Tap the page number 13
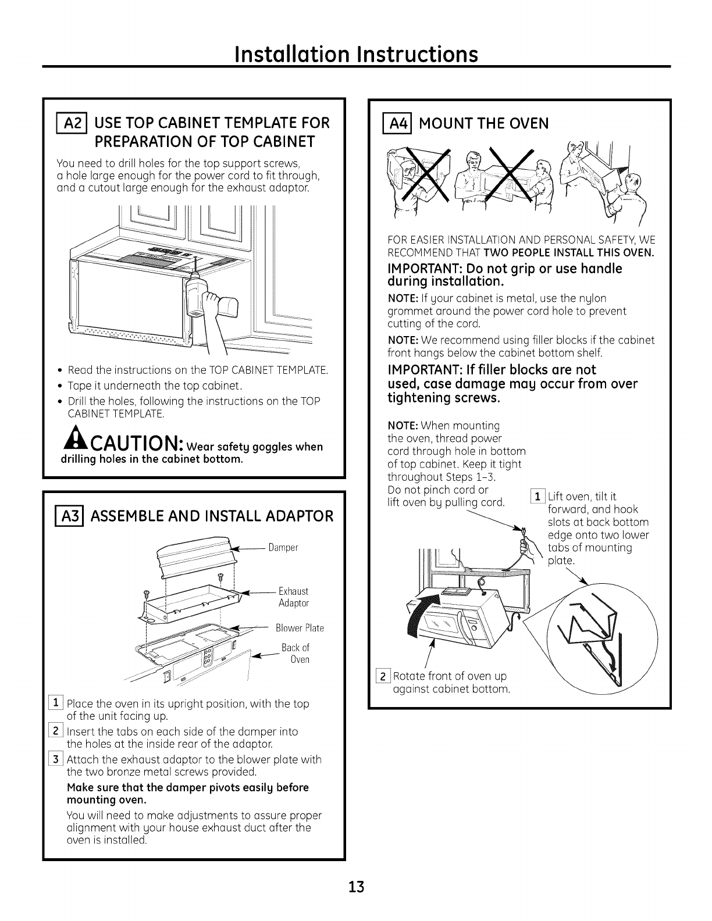click(356, 887)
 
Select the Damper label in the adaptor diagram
click(283, 548)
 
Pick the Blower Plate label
click(300, 628)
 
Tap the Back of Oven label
click(297, 654)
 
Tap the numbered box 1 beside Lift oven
click(539, 496)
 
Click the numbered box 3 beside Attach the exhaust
click(58, 760)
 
